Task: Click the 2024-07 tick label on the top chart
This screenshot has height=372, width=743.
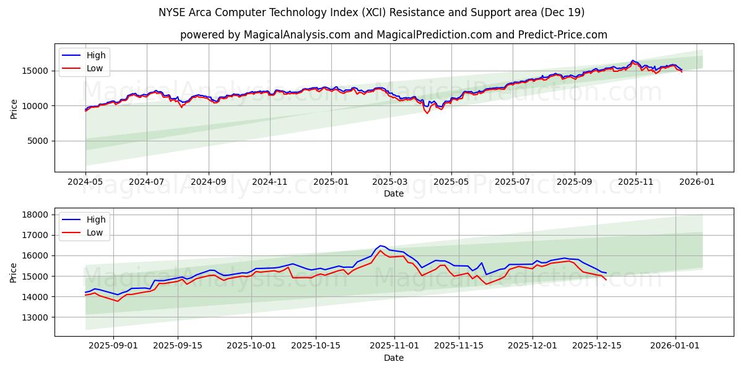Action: [146, 182]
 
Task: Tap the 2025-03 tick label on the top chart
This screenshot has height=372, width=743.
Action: [390, 182]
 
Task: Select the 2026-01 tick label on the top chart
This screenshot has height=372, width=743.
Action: [697, 182]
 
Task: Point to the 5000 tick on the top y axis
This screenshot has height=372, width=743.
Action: [37, 141]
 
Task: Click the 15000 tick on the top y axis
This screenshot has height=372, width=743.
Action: [35, 71]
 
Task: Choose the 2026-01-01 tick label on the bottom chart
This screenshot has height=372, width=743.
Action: [675, 346]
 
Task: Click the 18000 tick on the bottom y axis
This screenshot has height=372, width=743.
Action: [35, 215]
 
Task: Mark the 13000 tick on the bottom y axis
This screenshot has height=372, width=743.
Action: [35, 317]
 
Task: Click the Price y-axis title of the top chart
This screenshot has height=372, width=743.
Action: [14, 108]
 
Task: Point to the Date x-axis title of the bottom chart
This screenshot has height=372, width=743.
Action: [393, 358]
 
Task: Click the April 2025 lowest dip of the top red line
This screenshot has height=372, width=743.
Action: [427, 113]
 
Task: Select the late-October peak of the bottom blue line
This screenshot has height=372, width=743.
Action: [380, 246]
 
